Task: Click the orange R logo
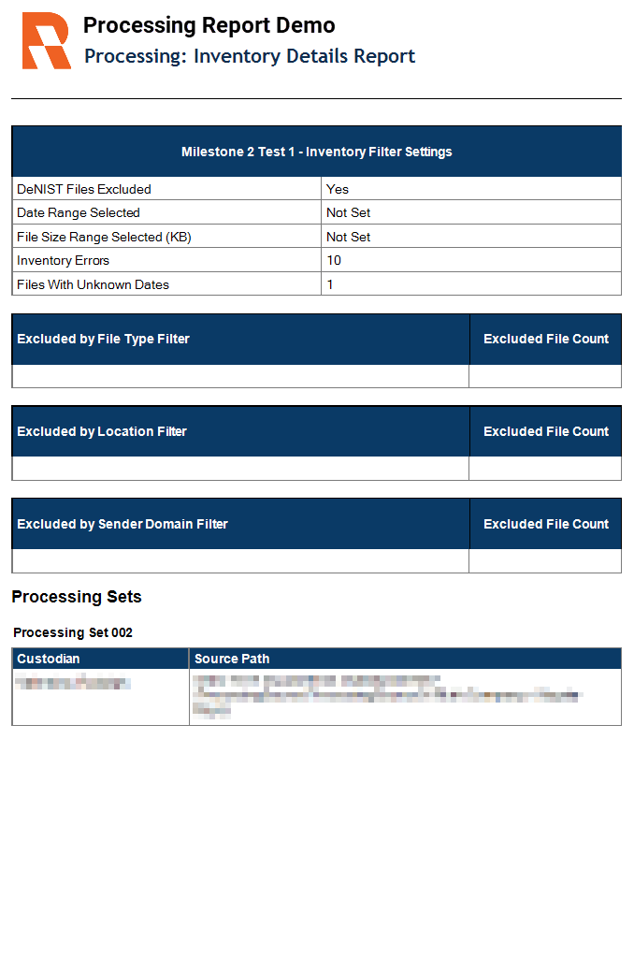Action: (x=46, y=41)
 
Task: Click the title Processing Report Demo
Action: (x=209, y=25)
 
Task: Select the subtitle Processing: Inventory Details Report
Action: (x=250, y=56)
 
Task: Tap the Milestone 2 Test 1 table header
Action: (x=316, y=152)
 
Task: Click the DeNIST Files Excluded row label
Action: (x=84, y=189)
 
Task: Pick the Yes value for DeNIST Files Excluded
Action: (x=338, y=189)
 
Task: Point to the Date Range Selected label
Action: (x=79, y=212)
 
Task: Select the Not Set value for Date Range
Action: (x=349, y=212)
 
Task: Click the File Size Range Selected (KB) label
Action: (x=104, y=237)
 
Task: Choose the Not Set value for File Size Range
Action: (x=349, y=237)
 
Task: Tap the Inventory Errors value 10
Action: (x=334, y=260)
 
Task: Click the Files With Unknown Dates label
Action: (x=93, y=284)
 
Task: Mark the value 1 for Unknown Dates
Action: (x=330, y=284)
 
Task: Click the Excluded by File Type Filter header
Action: (x=103, y=339)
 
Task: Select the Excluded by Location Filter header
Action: (x=102, y=431)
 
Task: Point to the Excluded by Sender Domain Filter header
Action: (x=122, y=524)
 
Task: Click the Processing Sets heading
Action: (x=77, y=597)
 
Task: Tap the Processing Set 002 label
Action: (x=73, y=632)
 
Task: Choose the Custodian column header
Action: (x=49, y=659)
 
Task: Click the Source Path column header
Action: (x=232, y=659)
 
